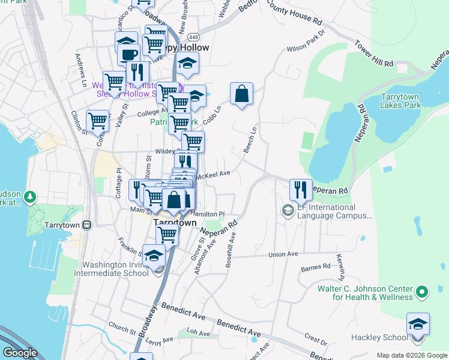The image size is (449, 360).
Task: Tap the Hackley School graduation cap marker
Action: coord(418,324)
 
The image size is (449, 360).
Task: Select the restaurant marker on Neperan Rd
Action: coord(300,190)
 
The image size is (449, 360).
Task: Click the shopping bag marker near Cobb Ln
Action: coord(241,94)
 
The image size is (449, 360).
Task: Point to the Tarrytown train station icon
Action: coord(87,224)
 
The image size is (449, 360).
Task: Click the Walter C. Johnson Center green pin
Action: coord(422,292)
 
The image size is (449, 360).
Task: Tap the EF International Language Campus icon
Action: coord(288,211)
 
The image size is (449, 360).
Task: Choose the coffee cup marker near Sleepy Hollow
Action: coord(128,55)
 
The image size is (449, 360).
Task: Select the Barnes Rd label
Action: coord(316,266)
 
